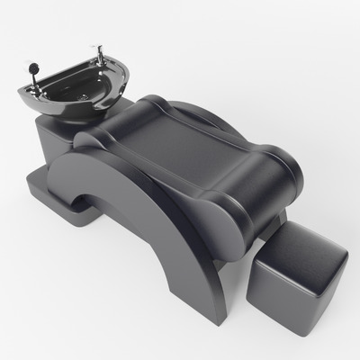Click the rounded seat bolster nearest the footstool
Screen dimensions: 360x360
point(270,180)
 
